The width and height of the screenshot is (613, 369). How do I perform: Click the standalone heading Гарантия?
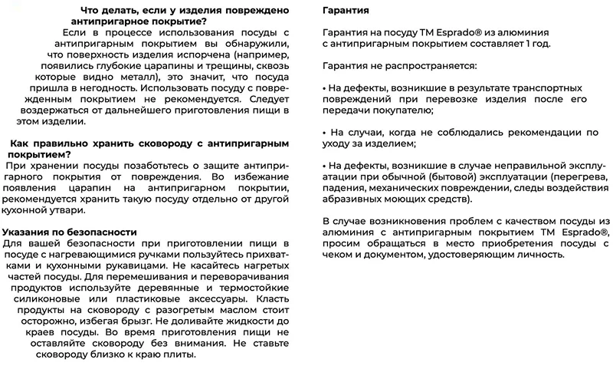(x=346, y=12)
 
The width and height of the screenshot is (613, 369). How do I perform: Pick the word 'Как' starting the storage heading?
(x=20, y=143)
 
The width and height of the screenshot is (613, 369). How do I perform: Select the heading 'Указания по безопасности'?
(x=70, y=232)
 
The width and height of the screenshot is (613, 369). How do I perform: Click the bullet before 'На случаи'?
(x=325, y=133)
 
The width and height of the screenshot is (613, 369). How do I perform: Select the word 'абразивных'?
(x=353, y=198)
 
